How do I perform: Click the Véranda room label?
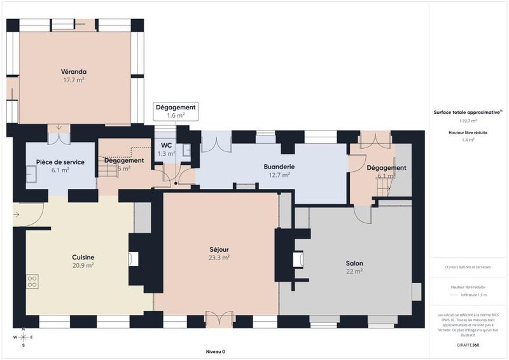tap(74, 71)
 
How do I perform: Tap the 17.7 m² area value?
tap(74, 80)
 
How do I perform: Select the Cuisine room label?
tap(83, 257)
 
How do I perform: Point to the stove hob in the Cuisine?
tap(32, 281)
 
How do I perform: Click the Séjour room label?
tap(219, 249)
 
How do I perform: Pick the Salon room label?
tap(354, 263)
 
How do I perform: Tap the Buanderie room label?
tap(279, 167)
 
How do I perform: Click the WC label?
tap(166, 145)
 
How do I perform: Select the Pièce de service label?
tap(56, 162)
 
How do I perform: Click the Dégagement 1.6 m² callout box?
tap(176, 111)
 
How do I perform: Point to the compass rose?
tap(23, 337)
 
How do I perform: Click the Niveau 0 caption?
tap(215, 351)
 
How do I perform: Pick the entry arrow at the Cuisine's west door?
tap(17, 214)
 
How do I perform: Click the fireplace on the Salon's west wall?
tap(297, 259)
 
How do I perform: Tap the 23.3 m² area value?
tap(219, 258)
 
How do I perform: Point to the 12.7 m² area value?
tap(279, 175)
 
